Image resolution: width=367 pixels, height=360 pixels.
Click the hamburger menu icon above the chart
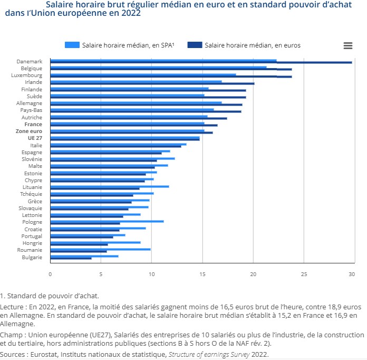click(347, 45)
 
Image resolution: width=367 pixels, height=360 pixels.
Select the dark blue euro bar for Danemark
click(200, 63)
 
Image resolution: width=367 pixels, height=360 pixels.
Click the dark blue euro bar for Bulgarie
click(71, 258)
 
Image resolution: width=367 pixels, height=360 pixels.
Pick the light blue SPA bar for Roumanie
click(100, 249)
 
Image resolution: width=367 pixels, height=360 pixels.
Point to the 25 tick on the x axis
click(304, 274)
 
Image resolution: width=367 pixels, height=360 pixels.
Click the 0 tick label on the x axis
click(50, 274)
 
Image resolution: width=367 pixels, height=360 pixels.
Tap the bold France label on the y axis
click(34, 124)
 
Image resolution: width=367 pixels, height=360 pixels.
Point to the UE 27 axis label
click(35, 138)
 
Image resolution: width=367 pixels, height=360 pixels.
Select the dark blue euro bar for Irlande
click(152, 83)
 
